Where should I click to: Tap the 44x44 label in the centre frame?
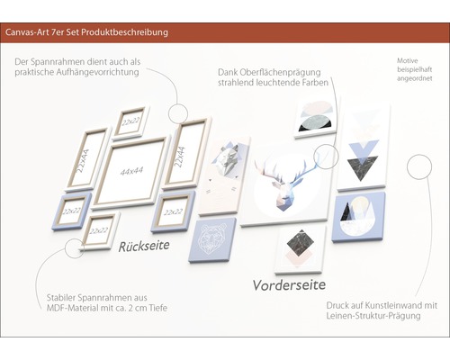click(x=131, y=171)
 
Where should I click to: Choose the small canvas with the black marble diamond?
click(x=300, y=246)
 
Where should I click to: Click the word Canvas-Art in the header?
click(x=30, y=33)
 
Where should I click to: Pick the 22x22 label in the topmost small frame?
click(x=132, y=121)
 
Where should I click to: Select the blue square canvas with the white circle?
click(x=357, y=216)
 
